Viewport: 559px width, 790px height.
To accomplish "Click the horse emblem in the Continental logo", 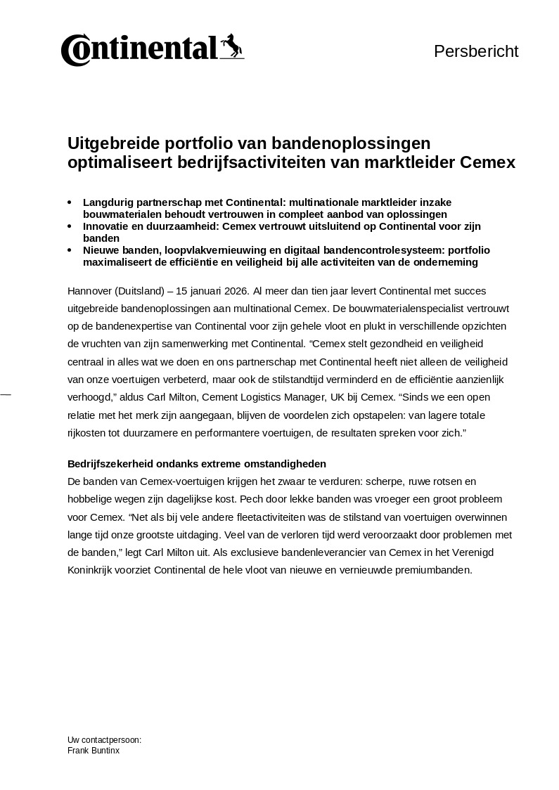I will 231,46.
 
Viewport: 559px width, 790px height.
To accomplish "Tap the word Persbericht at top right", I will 476,51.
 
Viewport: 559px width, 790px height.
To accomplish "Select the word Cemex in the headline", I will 488,162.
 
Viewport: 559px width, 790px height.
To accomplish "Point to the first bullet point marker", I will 70,202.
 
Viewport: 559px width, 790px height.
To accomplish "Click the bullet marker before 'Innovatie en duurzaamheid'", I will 70,226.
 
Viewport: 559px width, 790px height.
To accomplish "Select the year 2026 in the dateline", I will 233,291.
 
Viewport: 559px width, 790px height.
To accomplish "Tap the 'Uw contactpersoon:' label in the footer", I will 104,740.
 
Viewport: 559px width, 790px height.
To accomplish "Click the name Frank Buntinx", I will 94,751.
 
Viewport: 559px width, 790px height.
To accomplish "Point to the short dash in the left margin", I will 6,396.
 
